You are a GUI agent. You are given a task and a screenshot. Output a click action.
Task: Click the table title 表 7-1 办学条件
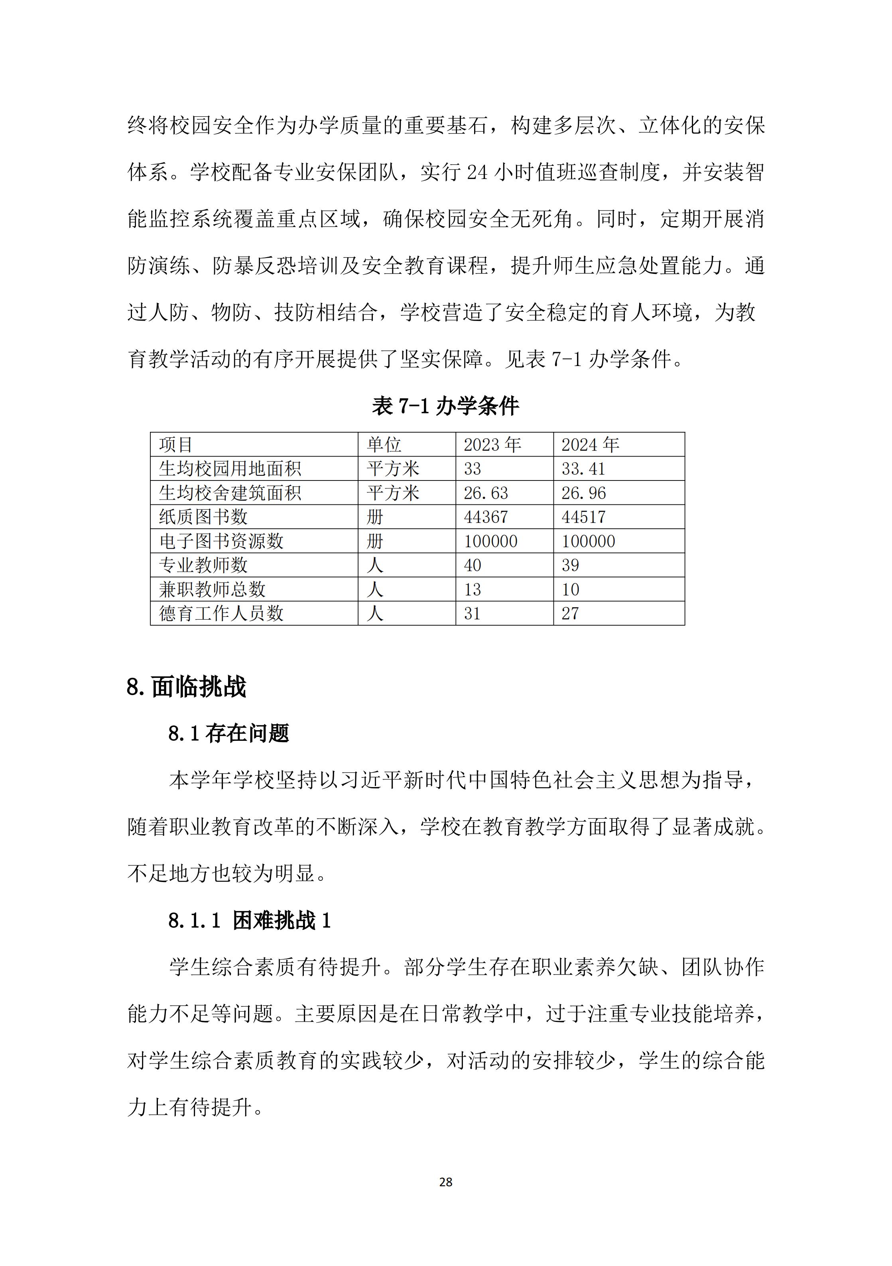pos(445,406)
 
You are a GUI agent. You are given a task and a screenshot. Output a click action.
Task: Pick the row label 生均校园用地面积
pos(230,469)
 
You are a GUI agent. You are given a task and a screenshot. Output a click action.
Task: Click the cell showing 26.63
pos(486,493)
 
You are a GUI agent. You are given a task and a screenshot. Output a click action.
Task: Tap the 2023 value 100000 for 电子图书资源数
pos(490,541)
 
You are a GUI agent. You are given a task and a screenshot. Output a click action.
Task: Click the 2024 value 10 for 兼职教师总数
pos(570,589)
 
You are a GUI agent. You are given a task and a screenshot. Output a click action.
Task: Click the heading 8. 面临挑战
pos(186,687)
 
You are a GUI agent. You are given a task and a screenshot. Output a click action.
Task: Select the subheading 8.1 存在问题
pos(229,733)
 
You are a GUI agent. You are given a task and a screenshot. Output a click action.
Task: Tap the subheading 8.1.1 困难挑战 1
pos(249,920)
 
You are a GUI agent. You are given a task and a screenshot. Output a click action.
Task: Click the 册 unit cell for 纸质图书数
pos(374,517)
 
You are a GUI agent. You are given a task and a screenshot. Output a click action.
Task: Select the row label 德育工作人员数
pos(221,613)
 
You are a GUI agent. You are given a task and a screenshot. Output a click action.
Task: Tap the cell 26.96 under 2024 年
pos(583,493)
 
